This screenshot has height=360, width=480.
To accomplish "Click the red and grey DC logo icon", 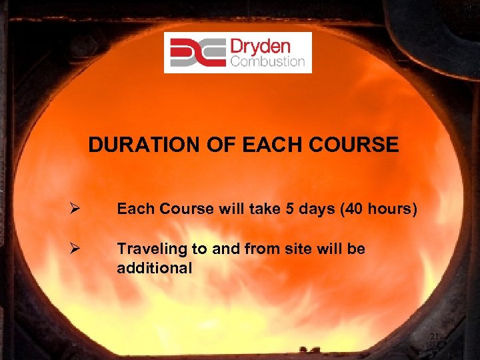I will tap(197, 53).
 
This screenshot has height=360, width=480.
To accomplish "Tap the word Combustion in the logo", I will tap(267, 62).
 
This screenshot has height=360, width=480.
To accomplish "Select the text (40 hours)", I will tap(379, 210).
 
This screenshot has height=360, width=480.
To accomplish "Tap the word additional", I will tap(154, 268).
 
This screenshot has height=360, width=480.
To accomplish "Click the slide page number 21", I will tap(433, 337).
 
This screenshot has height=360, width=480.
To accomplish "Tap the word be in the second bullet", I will tap(357, 249).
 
